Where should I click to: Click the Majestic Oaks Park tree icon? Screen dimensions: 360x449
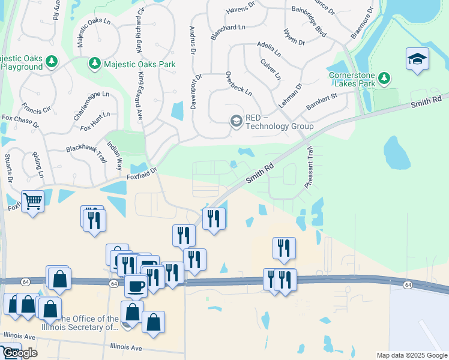[x=94, y=63]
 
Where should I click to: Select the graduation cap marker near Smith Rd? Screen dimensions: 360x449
[x=417, y=59]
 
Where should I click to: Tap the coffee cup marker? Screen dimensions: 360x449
[x=136, y=286]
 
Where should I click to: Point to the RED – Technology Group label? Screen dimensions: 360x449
[x=279, y=122]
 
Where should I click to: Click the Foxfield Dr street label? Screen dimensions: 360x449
[x=141, y=172]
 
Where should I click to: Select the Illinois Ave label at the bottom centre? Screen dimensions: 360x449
[x=126, y=347]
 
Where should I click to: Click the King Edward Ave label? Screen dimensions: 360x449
[x=142, y=95]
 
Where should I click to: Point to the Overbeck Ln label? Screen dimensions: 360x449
[x=238, y=85]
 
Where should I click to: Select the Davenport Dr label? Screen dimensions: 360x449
[x=197, y=96]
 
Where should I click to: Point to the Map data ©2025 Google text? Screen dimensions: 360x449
[x=412, y=355]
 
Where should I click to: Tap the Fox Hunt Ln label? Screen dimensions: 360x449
[x=95, y=122]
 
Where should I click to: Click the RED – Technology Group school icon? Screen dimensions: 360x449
[x=236, y=121]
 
